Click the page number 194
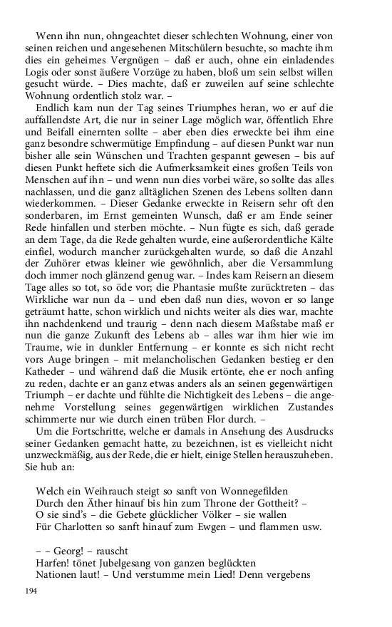[x=31, y=591]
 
